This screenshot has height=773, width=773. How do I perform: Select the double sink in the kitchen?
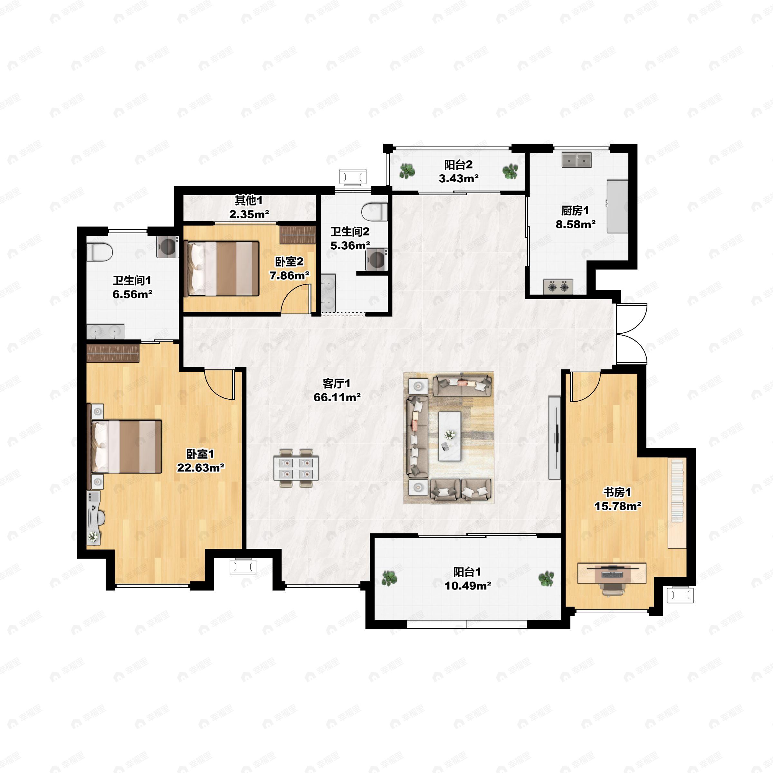pos(577,160)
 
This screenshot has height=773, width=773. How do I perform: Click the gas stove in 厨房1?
pos(558,286)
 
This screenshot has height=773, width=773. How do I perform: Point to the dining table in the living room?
pos(296,468)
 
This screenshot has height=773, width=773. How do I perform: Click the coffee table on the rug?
pos(450,436)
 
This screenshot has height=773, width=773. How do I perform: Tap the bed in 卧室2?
pos(221,268)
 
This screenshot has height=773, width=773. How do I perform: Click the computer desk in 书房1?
pos(612,573)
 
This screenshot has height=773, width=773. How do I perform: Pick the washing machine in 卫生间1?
pos(167,246)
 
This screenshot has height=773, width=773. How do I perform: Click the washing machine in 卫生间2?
pos(377,260)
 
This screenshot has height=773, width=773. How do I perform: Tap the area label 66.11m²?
pos(337,397)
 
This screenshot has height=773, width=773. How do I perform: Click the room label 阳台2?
pos(459,165)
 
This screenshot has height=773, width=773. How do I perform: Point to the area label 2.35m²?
pos(249,214)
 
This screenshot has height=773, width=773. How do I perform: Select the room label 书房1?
pos(617,492)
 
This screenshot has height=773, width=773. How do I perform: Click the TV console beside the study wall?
pos(555,438)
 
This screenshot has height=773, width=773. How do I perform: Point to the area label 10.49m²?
pos(468,586)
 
